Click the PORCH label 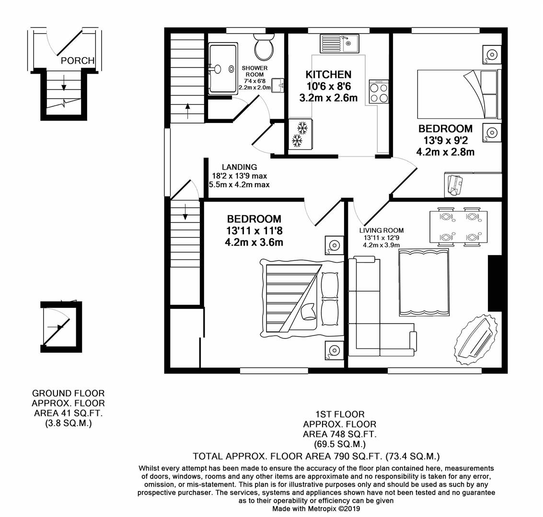[77, 61]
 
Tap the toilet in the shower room [264, 47]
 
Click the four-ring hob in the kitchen [379, 91]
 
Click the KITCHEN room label [328, 75]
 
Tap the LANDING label [239, 167]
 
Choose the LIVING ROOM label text [381, 230]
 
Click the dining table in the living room [459, 227]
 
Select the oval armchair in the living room [475, 338]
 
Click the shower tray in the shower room [223, 68]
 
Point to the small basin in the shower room [278, 85]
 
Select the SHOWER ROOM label [254, 71]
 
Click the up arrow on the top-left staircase [187, 110]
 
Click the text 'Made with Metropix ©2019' [316, 509]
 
